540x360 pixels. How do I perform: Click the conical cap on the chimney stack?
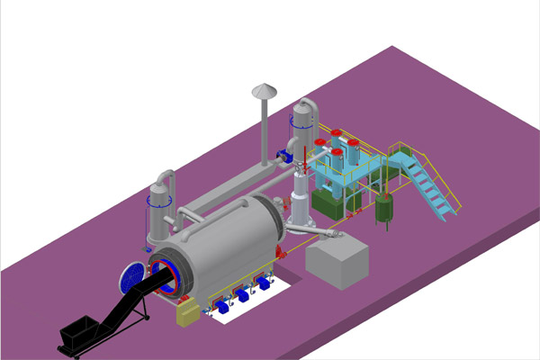pyautogui.click(x=264, y=90)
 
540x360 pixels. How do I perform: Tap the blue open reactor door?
pyautogui.click(x=131, y=277)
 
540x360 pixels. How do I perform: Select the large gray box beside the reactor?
pyautogui.click(x=337, y=263)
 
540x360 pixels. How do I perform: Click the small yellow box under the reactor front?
pyautogui.click(x=189, y=311)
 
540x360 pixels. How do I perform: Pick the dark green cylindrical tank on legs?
pyautogui.click(x=385, y=211)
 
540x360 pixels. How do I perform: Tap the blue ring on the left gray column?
pyautogui.click(x=159, y=202)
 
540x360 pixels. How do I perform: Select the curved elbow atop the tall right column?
pyautogui.click(x=306, y=109)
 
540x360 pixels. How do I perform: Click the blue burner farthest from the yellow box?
pyautogui.click(x=263, y=283)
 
